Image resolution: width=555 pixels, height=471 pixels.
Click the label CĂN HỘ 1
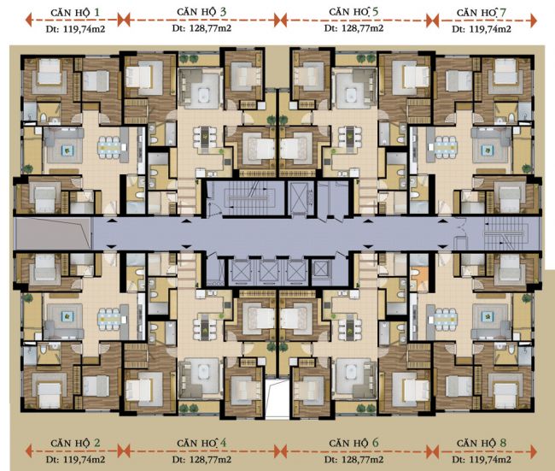[x=75, y=13]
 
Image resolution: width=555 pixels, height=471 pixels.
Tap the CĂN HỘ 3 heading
[x=202, y=12]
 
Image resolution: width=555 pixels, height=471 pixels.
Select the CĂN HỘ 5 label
[x=353, y=12]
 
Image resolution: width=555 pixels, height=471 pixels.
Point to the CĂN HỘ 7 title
[x=482, y=13]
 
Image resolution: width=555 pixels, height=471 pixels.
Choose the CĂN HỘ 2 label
[x=75, y=443]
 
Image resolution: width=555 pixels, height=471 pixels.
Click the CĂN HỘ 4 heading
[x=202, y=443]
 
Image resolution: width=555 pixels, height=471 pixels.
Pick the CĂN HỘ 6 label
[x=353, y=443]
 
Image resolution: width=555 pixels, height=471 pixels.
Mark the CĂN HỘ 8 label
[x=482, y=443]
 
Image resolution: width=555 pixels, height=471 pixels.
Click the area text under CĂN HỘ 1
[x=75, y=29]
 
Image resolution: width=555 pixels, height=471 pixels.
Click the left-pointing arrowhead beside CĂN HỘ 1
[x=29, y=20]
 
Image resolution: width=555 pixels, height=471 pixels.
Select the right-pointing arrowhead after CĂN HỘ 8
[x=533, y=451]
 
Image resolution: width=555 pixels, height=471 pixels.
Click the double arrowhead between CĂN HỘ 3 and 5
[x=280, y=21]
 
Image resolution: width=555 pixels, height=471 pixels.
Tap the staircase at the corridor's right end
[x=506, y=234]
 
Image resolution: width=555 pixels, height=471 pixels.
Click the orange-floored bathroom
[x=419, y=275]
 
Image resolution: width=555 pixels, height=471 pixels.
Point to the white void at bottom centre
[x=277, y=398]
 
